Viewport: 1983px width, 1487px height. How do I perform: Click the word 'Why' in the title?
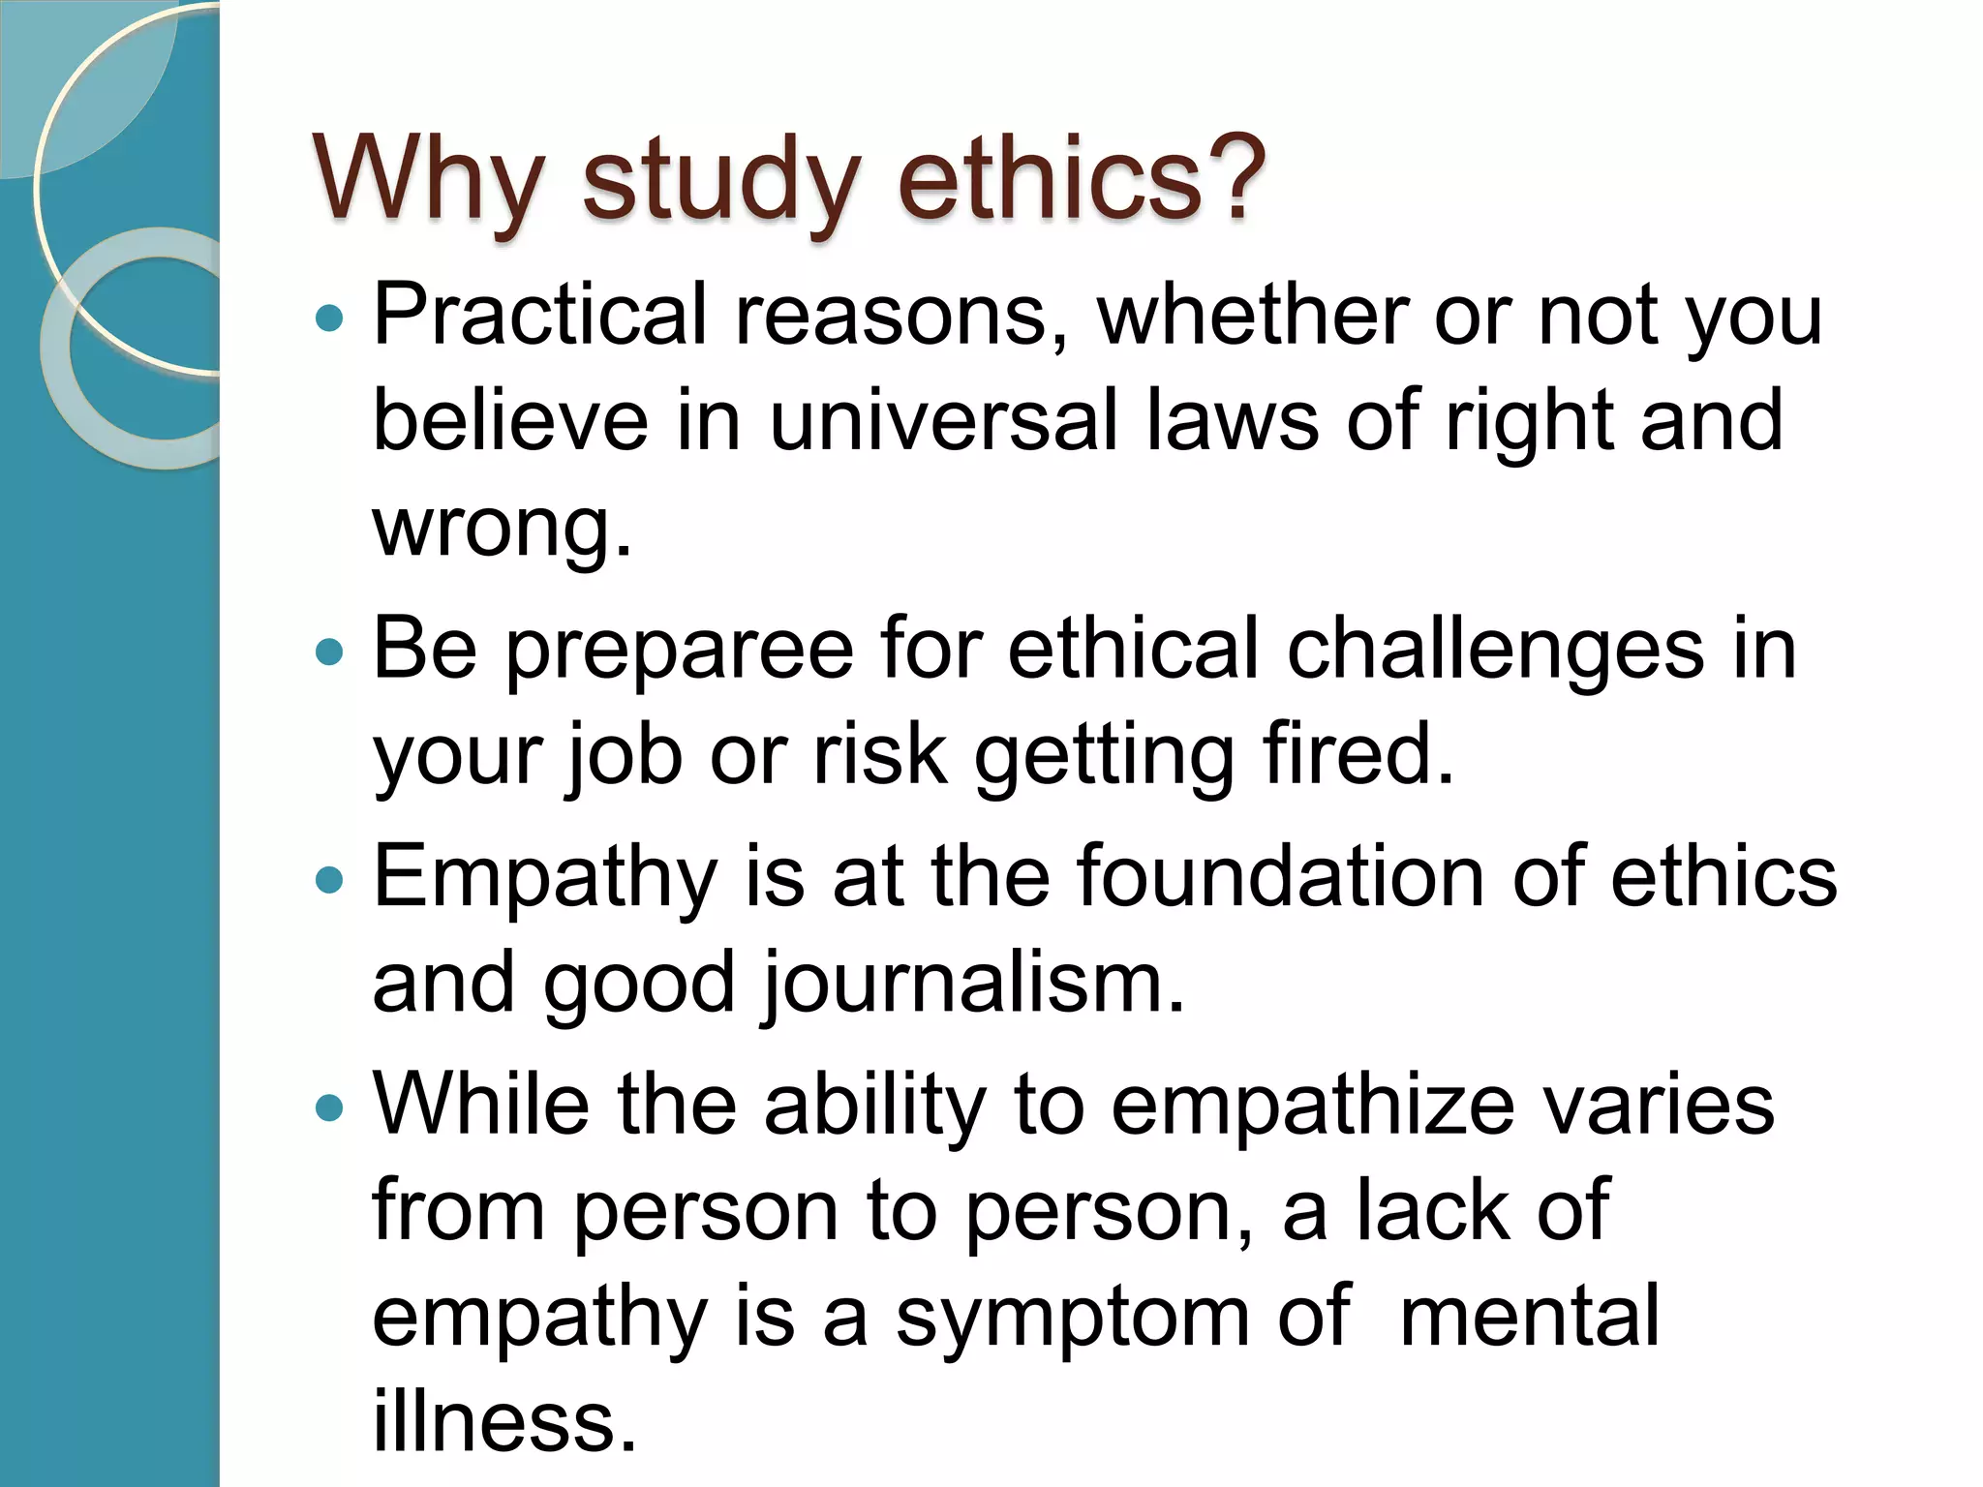pyautogui.click(x=427, y=179)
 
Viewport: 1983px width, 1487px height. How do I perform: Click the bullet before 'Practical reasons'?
pyautogui.click(x=330, y=318)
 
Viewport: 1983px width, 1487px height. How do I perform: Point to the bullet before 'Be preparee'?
pyautogui.click(x=330, y=652)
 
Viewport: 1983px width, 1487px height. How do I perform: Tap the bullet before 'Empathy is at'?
pyautogui.click(x=330, y=879)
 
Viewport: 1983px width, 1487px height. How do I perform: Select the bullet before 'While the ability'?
pyautogui.click(x=330, y=1107)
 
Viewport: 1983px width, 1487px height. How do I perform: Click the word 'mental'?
pyautogui.click(x=1529, y=1316)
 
